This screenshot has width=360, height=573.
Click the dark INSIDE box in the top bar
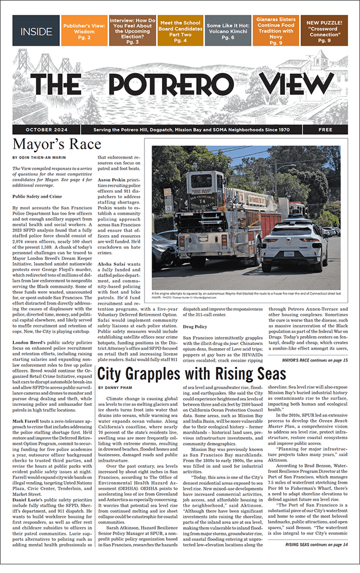tap(36, 31)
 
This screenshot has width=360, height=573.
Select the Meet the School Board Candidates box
tap(180, 31)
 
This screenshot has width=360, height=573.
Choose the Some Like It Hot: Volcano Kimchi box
tap(227, 31)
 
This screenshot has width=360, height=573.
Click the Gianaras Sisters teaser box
tap(275, 31)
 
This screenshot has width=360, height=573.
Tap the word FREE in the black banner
tap(325, 130)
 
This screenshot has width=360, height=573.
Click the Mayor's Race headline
tap(57, 144)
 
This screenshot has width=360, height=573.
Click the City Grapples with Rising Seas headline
tap(192, 374)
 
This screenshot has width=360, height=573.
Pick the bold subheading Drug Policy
tap(195, 326)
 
